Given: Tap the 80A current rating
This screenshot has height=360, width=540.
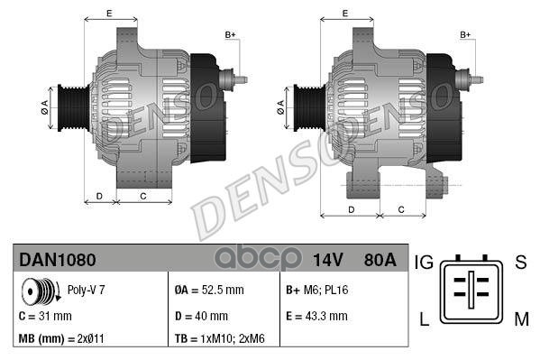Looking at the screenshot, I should [x=378, y=261].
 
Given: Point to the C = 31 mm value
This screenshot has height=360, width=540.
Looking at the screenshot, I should [x=45, y=316].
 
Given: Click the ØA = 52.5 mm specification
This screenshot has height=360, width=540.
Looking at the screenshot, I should [x=208, y=291].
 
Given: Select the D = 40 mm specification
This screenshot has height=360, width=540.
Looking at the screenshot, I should [x=201, y=316].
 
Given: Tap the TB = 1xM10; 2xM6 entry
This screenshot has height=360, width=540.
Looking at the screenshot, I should [x=220, y=340].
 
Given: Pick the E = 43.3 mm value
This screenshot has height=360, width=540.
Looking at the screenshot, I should [x=315, y=316].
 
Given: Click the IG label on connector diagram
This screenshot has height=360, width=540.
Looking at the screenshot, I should [x=425, y=263].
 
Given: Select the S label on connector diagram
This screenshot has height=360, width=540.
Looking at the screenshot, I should [x=519, y=263].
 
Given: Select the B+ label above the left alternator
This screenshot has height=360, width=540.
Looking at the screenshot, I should [x=230, y=34].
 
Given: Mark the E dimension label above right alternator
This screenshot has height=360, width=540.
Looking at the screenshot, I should [x=346, y=13].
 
